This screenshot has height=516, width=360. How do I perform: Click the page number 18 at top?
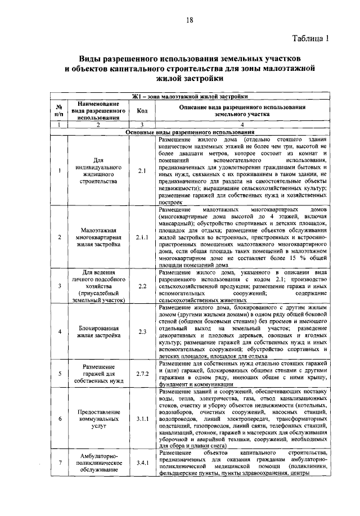point(190,20)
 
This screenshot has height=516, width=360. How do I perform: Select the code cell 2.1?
point(141,170)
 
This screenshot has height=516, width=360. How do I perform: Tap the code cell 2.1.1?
point(141,237)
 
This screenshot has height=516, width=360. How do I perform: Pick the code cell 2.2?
point(141,286)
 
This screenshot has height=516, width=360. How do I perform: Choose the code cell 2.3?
point(141,331)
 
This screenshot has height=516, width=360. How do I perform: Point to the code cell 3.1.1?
point(141,419)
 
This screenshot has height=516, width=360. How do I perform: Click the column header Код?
point(142,110)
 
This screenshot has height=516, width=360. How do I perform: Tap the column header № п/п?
point(59,110)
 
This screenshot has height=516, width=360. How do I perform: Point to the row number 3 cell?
point(59,286)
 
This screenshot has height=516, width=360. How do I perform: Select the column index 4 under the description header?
point(242,124)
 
